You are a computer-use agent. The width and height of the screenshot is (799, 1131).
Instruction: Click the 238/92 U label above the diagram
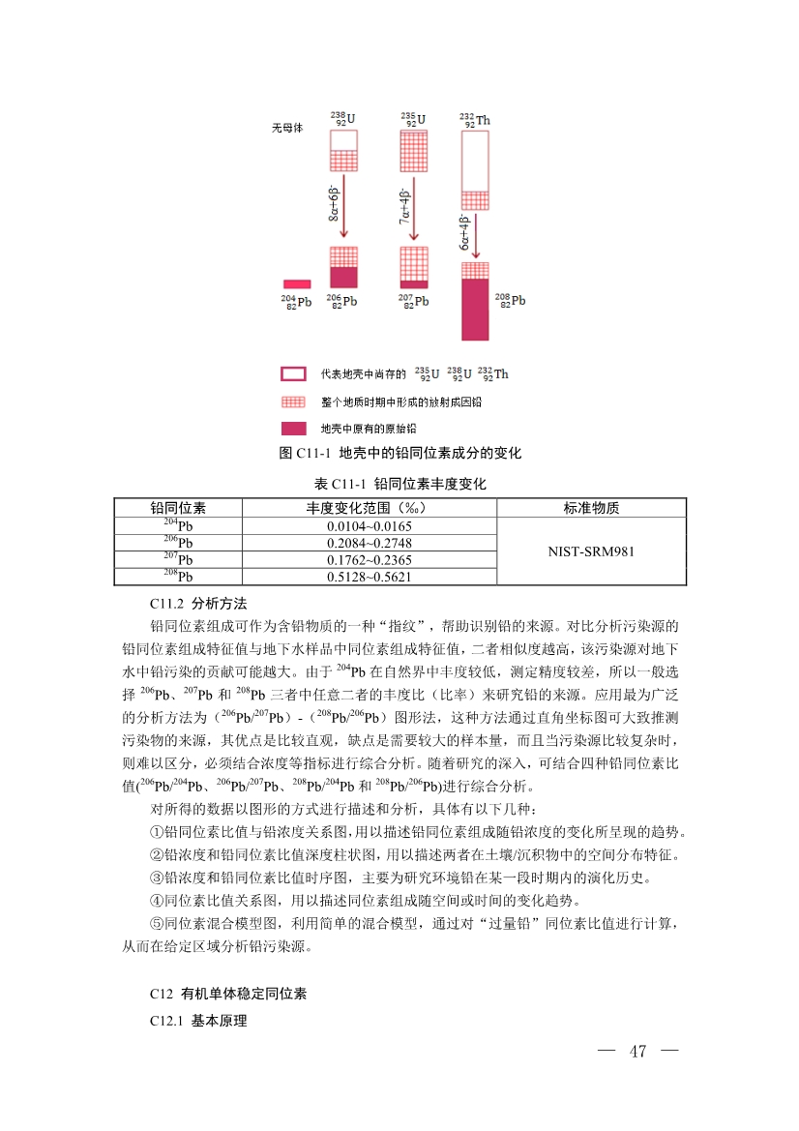coord(342,119)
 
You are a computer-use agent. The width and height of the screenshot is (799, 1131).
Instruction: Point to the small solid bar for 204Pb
coord(296,284)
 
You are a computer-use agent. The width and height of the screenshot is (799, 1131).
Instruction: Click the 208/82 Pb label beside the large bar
coord(510,300)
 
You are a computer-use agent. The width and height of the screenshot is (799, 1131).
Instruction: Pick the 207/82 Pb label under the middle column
coord(413,301)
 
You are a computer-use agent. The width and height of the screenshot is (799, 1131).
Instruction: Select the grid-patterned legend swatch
coord(294,401)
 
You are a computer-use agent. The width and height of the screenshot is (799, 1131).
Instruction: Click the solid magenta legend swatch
coord(294,427)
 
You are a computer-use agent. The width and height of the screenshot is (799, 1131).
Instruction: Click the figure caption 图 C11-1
coord(399,453)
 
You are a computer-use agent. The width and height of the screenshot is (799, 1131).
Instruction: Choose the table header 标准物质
coord(591,508)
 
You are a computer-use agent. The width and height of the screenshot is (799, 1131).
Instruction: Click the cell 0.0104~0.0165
coord(369,525)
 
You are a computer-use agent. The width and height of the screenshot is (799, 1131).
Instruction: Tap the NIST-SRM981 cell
coord(591,551)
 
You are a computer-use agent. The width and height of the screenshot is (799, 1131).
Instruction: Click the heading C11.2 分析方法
coord(191,602)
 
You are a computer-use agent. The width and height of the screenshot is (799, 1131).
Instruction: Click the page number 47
coord(636,1052)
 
